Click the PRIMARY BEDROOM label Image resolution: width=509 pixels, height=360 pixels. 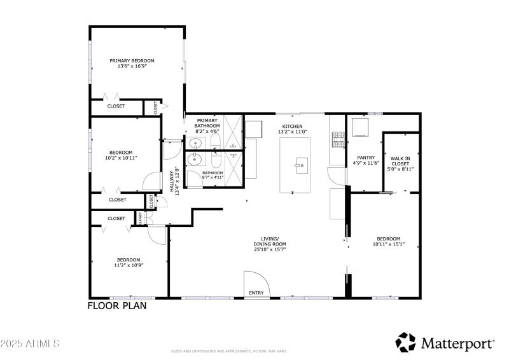(x=132, y=61)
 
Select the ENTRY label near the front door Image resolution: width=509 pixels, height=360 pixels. (x=256, y=293)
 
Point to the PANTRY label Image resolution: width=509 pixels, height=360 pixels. (x=365, y=158)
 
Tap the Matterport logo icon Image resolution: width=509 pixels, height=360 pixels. (x=405, y=342)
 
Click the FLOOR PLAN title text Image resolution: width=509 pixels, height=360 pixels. (x=116, y=306)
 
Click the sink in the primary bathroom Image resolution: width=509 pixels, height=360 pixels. (x=196, y=142)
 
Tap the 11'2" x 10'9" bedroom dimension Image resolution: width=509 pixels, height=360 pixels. (x=128, y=265)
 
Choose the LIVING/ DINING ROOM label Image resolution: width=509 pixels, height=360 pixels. (x=270, y=242)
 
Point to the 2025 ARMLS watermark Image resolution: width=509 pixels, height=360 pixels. (x=30, y=343)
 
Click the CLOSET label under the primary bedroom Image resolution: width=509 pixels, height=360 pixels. (x=116, y=106)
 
